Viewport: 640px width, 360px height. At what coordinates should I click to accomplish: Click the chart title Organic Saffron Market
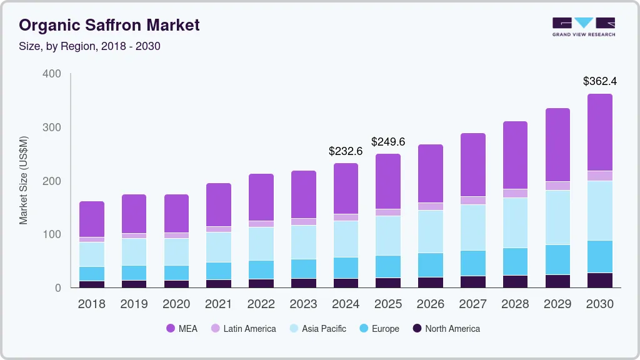(x=109, y=25)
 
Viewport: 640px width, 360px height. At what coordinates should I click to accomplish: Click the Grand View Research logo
(x=583, y=26)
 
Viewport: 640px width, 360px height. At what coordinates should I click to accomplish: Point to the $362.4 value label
(x=600, y=81)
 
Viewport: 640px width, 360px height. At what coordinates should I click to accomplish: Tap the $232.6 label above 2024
(x=346, y=151)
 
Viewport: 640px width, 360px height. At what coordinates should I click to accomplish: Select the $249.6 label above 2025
(x=388, y=142)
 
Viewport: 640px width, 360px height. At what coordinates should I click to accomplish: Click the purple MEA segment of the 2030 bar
(x=600, y=132)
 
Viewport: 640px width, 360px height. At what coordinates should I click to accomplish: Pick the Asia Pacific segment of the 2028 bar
(x=515, y=222)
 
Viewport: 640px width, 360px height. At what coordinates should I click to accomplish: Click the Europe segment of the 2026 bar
(x=431, y=265)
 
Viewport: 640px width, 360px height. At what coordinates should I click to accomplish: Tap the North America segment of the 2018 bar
(x=92, y=284)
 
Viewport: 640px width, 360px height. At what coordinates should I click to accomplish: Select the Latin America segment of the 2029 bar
(x=557, y=186)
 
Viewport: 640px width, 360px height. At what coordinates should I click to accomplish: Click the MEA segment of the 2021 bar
(x=219, y=204)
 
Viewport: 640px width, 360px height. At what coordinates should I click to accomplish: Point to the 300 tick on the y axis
(x=52, y=127)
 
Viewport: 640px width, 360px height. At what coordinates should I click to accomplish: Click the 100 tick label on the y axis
(x=52, y=234)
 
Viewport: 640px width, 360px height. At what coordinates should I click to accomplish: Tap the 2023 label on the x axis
(x=303, y=304)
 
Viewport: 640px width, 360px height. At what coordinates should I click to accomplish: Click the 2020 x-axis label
(x=176, y=304)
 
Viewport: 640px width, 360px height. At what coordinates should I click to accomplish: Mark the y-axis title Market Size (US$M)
(x=24, y=180)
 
